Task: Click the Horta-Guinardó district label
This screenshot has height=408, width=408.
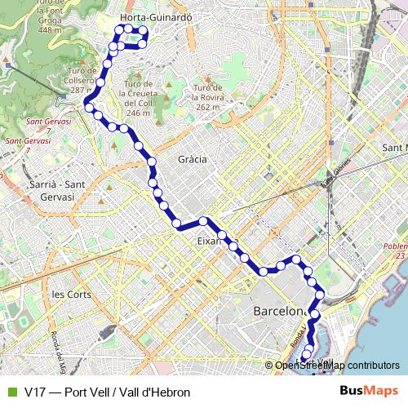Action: (155, 16)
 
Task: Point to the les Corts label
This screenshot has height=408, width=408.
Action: (71, 294)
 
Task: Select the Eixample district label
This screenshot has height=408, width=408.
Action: (211, 242)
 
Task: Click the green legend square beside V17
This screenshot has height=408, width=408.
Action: (11, 392)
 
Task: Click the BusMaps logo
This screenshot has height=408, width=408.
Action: (369, 392)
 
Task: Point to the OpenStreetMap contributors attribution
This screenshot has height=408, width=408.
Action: (337, 366)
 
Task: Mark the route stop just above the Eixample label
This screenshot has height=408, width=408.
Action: (203, 221)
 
